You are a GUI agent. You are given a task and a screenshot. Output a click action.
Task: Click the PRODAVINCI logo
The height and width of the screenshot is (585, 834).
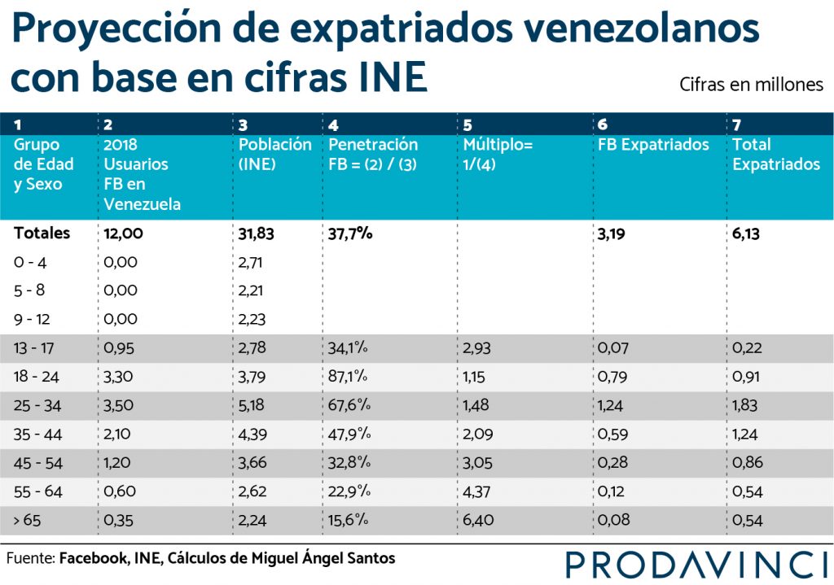697,565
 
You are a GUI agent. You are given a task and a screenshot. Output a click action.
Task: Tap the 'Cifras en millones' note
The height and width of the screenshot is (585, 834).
751,85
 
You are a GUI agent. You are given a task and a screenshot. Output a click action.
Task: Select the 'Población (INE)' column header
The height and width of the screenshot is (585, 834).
274,154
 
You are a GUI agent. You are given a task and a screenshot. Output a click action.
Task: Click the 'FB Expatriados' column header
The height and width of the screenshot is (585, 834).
653,145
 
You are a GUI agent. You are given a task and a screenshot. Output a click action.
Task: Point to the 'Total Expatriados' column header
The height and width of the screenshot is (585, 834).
776,154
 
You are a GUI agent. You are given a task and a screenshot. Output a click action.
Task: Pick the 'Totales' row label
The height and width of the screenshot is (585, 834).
42,234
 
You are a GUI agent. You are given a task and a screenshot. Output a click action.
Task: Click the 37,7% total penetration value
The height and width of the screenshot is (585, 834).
350,234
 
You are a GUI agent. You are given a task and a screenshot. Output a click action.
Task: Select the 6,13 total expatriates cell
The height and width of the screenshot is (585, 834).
746,234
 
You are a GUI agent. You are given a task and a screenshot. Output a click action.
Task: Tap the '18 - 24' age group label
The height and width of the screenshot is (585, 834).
36,377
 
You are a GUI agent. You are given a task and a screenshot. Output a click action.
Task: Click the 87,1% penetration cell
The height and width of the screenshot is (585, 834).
348,376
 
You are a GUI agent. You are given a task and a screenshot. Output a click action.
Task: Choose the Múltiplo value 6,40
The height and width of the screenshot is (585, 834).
478,520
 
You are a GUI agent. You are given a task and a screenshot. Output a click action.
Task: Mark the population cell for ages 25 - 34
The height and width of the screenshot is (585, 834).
251,405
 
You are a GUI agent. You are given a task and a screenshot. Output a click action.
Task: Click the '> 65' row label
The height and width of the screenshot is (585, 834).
27,520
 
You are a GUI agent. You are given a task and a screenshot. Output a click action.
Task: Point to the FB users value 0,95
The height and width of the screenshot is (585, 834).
119,348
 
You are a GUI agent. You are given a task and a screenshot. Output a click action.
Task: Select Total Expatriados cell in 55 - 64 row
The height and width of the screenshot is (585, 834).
748,491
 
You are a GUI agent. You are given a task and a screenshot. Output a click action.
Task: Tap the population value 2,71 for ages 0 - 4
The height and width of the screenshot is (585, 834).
250,263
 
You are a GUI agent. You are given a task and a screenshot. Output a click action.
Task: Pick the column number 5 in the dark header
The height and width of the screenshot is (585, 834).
467,124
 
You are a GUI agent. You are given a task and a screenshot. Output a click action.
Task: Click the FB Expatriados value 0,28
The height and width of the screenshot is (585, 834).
612,462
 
